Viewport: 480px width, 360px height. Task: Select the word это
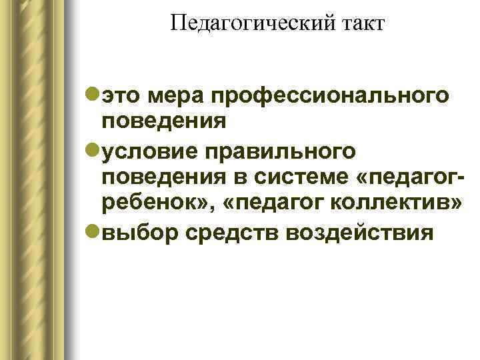tap(122, 98)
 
